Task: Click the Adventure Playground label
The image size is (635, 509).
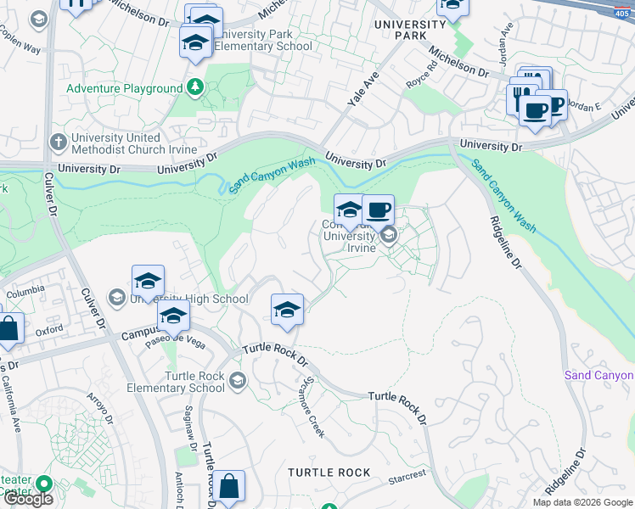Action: (x=124, y=88)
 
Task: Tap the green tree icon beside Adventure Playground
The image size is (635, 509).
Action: (x=195, y=87)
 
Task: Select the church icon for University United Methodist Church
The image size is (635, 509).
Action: (x=58, y=143)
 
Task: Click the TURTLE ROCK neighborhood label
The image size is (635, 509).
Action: (x=329, y=472)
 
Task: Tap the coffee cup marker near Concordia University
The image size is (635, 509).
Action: (x=378, y=210)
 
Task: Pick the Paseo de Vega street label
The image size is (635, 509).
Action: (x=175, y=341)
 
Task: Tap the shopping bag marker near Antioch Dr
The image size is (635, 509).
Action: (x=228, y=487)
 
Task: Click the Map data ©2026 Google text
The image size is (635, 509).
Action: (x=583, y=502)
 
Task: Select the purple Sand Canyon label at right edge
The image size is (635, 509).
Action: (x=599, y=375)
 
